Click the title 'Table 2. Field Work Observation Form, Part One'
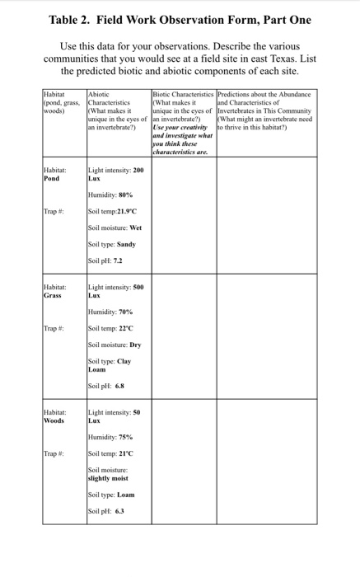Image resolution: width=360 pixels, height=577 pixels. point(180,20)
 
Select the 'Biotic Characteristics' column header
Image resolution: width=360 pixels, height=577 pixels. point(182,96)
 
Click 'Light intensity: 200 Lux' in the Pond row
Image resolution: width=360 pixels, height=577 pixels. point(115,173)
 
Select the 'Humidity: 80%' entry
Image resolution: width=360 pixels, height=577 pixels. point(110,195)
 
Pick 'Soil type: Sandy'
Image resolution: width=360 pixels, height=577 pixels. point(111,244)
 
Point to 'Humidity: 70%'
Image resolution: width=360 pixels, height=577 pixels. point(110,312)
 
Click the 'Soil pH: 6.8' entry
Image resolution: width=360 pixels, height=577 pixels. point(106,385)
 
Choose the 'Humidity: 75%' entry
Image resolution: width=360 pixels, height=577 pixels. point(110,437)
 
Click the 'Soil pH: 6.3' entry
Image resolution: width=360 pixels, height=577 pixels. point(105,510)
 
